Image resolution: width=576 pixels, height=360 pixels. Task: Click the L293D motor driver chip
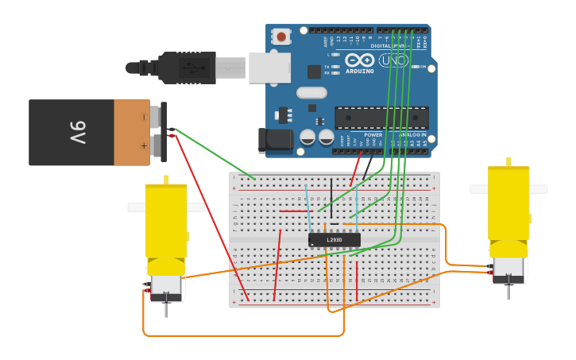pyautogui.click(x=334, y=239)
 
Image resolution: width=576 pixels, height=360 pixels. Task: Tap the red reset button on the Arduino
pyautogui.click(x=281, y=36)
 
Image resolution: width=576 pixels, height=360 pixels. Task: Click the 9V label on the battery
pyautogui.click(x=77, y=133)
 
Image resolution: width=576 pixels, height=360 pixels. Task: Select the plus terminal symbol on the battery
pyautogui.click(x=144, y=145)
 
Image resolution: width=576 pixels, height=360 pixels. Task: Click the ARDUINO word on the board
pyautogui.click(x=359, y=71)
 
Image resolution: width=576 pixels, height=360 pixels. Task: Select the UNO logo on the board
pyautogui.click(x=392, y=60)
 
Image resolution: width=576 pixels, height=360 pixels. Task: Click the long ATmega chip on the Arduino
pyautogui.click(x=381, y=118)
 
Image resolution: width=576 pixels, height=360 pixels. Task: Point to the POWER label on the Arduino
pyautogui.click(x=373, y=135)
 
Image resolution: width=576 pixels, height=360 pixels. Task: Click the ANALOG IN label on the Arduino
pyautogui.click(x=412, y=135)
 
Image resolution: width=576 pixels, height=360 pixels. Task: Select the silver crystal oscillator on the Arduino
pyautogui.click(x=311, y=92)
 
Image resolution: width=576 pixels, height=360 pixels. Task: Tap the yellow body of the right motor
pyautogui.click(x=508, y=203)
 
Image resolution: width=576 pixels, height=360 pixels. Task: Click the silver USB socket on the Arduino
pyautogui.click(x=269, y=68)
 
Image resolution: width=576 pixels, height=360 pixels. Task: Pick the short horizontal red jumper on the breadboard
pyautogui.click(x=296, y=211)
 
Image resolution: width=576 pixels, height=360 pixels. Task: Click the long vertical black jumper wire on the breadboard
pyautogui.click(x=331, y=197)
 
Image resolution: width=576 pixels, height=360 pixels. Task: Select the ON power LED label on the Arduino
pyautogui.click(x=422, y=67)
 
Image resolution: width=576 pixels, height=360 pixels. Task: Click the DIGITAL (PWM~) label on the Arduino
pyautogui.click(x=389, y=45)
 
